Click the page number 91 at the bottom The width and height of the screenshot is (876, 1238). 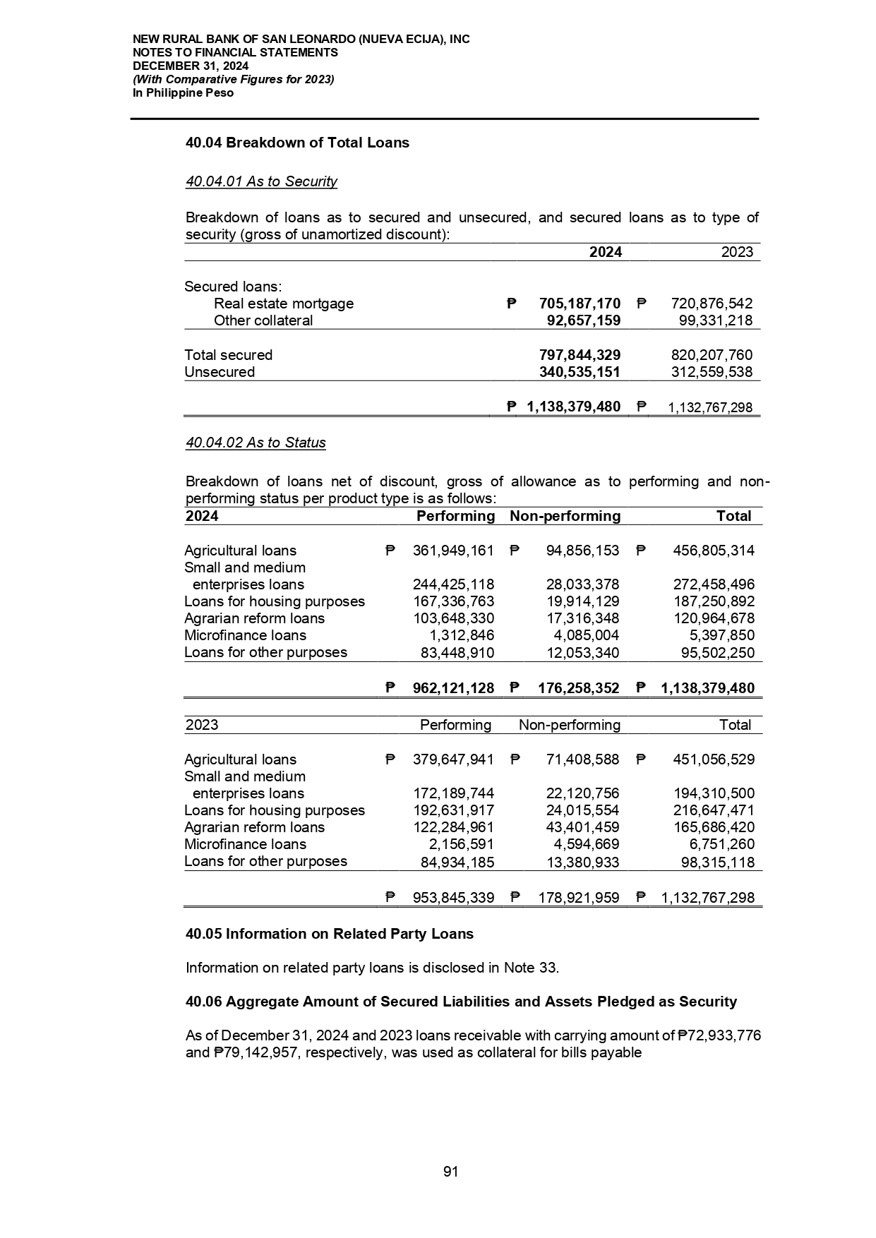[x=450, y=1172]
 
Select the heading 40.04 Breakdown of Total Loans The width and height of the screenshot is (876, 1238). [x=297, y=143]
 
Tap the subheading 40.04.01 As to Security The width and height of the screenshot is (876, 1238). [x=261, y=181]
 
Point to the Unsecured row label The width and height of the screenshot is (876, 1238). [x=220, y=372]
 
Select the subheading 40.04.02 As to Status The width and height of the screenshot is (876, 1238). [x=256, y=443]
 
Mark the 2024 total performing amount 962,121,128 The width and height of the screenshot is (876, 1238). [x=452, y=688]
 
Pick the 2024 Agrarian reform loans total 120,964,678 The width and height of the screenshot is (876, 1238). [x=714, y=618]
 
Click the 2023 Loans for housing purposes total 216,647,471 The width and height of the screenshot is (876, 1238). [x=714, y=810]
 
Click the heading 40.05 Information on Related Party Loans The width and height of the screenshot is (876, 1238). [x=329, y=934]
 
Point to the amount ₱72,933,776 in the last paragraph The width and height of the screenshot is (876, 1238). [x=719, y=1035]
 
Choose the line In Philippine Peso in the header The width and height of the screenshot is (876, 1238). [x=183, y=92]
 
